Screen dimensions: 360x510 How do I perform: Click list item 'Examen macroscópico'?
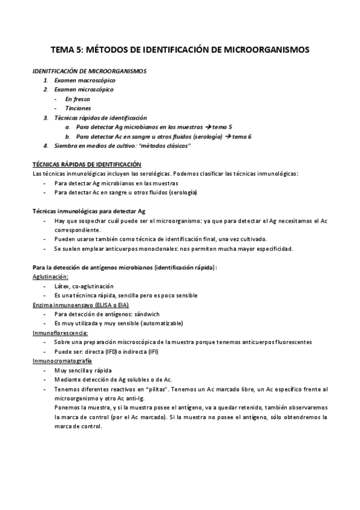point(85,80)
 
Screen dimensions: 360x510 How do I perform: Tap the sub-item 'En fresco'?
point(79,99)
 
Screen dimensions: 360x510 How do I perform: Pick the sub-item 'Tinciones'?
point(78,108)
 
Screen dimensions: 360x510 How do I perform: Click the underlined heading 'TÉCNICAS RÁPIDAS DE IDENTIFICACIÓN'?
point(87,164)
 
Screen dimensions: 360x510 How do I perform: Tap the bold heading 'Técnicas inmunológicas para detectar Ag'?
point(88,211)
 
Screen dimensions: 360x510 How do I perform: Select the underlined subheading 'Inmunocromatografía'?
point(61,361)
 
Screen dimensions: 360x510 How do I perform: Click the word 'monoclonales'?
point(151,248)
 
